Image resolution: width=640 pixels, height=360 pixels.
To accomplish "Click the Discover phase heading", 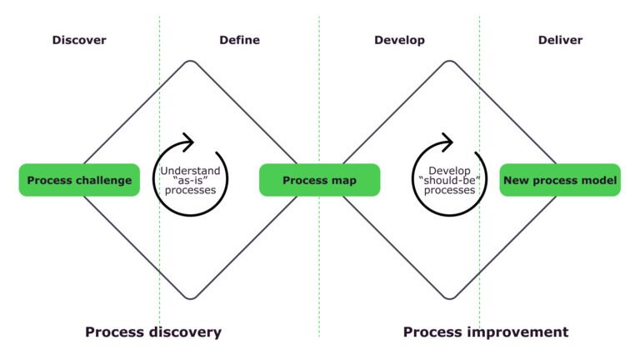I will (x=79, y=40).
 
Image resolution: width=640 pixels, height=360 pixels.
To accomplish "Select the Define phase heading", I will (x=239, y=40).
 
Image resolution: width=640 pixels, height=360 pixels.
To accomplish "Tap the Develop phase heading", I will (x=399, y=40).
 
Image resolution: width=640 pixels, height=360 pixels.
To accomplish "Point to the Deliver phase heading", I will (x=560, y=40).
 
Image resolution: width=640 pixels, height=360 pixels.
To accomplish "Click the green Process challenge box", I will (x=79, y=180).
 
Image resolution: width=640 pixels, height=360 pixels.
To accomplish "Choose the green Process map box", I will (x=319, y=180).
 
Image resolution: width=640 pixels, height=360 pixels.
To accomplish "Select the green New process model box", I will (x=560, y=180).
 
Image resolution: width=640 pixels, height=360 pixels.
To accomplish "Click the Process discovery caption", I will (x=153, y=332).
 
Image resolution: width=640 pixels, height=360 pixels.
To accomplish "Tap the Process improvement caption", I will (x=486, y=332).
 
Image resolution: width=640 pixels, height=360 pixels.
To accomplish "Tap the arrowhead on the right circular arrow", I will (x=447, y=141).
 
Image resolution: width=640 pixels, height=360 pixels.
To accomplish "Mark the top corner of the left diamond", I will (x=191, y=62).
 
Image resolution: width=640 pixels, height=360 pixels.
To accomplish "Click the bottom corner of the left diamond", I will (x=191, y=297).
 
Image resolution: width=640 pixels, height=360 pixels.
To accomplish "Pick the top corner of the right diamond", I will (x=450, y=62).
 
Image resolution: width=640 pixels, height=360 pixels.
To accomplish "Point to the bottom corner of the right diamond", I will (x=450, y=297).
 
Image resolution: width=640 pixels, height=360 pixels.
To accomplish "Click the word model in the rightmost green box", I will (x=598, y=180).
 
